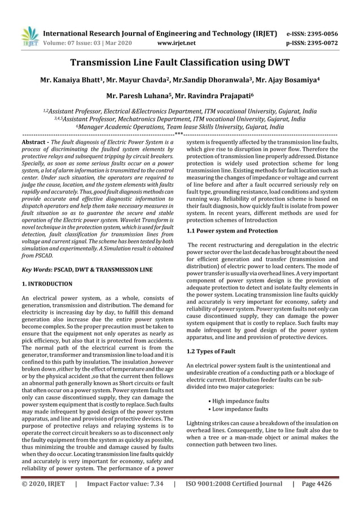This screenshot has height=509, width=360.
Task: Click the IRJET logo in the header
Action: pos(29,36)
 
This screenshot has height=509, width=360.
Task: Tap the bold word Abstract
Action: pos(33,144)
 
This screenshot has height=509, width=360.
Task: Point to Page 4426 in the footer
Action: pos(317,484)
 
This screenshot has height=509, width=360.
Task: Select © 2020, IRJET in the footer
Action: pos(43,484)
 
